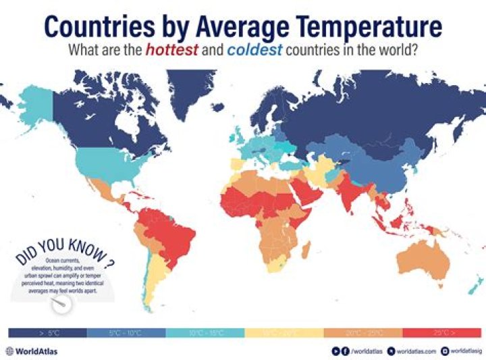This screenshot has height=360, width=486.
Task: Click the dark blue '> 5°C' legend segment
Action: [x=47, y=333]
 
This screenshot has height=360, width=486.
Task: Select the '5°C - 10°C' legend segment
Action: [x=126, y=333]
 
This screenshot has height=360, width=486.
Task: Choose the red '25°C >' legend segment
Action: [x=442, y=333]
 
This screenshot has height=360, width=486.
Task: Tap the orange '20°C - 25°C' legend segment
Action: [x=363, y=333]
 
